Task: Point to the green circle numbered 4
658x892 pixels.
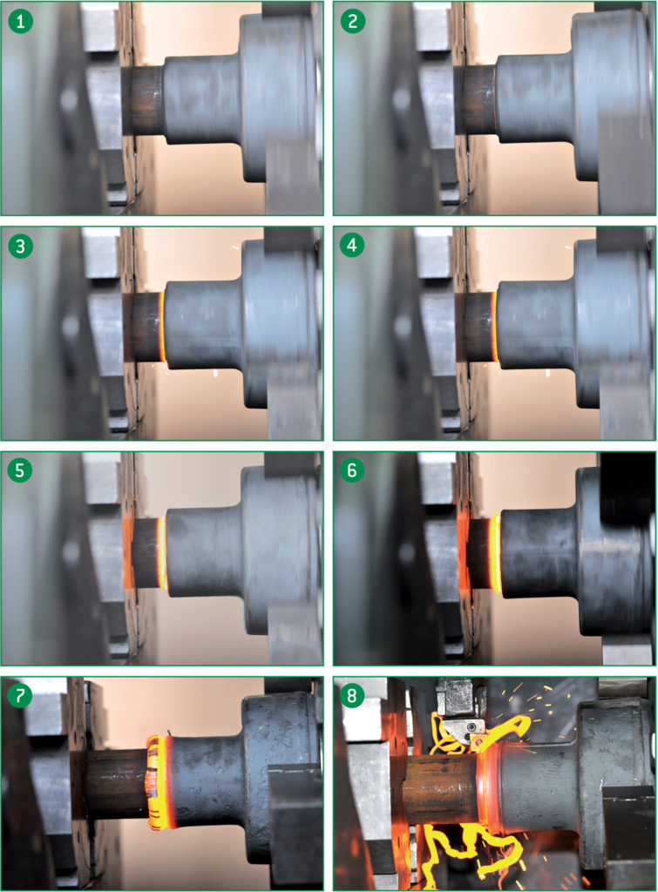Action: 353,247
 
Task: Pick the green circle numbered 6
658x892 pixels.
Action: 353,471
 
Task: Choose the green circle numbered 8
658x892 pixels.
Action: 353,696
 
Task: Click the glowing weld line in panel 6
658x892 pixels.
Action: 496,553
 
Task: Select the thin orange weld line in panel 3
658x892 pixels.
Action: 163,327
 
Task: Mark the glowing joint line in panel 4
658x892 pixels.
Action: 495,327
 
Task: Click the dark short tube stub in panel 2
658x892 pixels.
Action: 476,100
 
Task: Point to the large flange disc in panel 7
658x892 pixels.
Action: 279,767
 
